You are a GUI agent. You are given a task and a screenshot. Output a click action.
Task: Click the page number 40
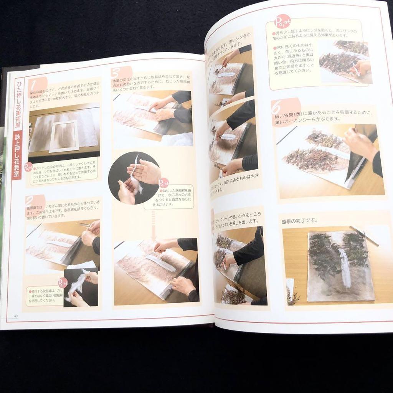click(16, 316)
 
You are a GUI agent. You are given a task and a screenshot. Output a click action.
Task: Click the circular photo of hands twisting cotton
click(133, 178)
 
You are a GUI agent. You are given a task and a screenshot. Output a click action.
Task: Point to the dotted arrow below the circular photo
click(154, 225)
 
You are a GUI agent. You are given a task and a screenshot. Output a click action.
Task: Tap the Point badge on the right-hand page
click(283, 21)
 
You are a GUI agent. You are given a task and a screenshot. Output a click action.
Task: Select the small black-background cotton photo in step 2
click(81, 286)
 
